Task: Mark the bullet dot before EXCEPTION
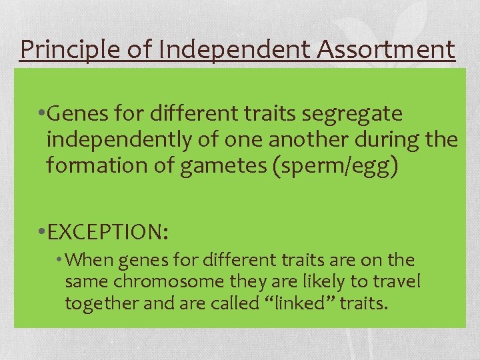(x=42, y=233)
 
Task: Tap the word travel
(x=398, y=281)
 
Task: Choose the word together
(x=99, y=304)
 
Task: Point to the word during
(x=390, y=140)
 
